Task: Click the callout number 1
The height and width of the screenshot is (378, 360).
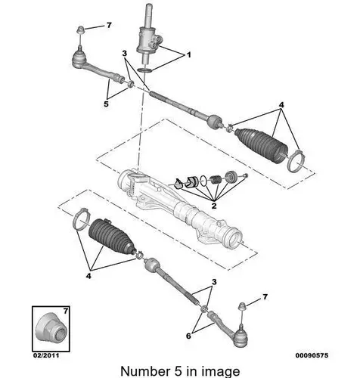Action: tap(188, 54)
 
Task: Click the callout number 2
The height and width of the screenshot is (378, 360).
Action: tap(214, 206)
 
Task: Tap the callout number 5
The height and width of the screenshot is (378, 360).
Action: tap(106, 104)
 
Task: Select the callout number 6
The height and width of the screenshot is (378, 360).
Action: tap(188, 336)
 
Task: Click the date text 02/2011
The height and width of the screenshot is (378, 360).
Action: tap(46, 355)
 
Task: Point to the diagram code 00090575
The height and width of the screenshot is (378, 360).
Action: tap(312, 355)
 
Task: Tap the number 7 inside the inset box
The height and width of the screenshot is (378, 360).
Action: tap(66, 311)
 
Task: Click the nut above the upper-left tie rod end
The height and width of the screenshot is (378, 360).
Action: tap(80, 29)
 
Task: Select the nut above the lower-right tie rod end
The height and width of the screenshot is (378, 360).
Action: tap(242, 306)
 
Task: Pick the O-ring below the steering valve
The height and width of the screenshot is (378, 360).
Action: tap(145, 70)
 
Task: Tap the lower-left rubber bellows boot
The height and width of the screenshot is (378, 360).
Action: tap(110, 236)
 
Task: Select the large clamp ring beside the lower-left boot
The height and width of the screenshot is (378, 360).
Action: tap(82, 219)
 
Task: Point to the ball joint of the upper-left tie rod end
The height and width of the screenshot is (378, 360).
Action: tap(79, 58)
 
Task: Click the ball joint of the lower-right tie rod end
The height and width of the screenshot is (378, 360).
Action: tap(240, 338)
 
